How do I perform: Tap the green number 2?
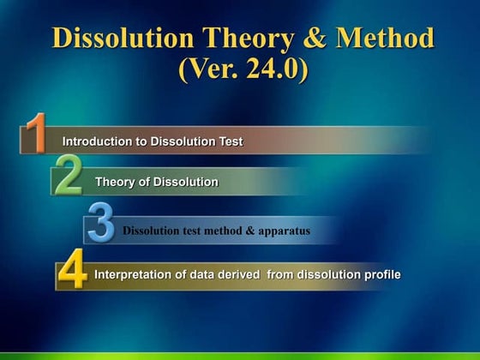pos(68,176)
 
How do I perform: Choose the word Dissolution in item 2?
pos(186,182)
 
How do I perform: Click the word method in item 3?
pos(222,231)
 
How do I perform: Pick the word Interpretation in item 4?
pos(132,274)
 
